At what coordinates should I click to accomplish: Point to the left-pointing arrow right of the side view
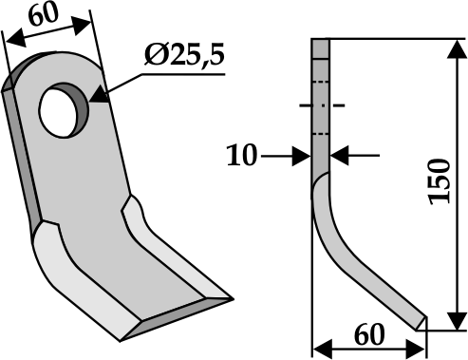[x=337, y=154]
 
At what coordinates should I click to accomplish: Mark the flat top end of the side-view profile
[x=321, y=39]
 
